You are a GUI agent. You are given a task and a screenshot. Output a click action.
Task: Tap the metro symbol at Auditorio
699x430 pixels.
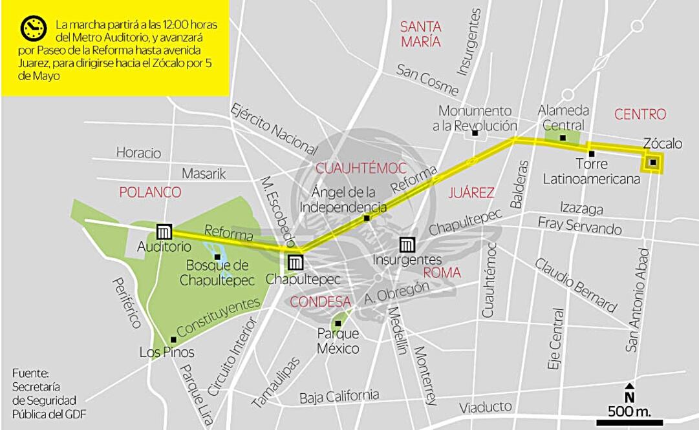tap(164, 231)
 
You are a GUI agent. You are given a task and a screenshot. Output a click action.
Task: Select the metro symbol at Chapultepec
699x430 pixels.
tap(294, 262)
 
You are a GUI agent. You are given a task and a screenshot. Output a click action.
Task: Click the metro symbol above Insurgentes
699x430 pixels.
tap(407, 245)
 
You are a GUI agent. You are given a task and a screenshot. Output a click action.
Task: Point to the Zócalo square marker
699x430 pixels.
tap(653, 162)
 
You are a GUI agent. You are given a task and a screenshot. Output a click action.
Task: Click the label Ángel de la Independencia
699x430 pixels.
tap(343, 200)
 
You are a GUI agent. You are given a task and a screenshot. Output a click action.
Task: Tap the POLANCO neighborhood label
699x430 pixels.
tap(151, 192)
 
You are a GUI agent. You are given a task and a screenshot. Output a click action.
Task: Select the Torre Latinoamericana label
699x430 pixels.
tap(591, 171)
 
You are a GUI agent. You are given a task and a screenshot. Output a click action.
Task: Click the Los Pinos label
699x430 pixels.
tap(167, 353)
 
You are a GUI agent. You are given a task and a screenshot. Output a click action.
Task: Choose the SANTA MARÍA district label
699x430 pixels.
tap(420, 34)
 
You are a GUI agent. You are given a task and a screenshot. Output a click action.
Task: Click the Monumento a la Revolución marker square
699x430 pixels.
tap(475, 133)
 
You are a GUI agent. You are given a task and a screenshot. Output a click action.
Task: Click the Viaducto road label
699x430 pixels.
tap(486, 407)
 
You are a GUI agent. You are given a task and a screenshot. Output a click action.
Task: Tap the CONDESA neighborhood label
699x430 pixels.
tap(321, 302)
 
